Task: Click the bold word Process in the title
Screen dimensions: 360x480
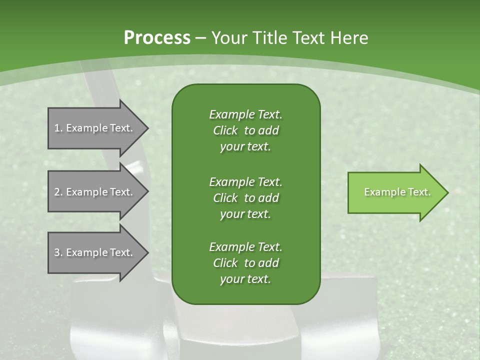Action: (157, 38)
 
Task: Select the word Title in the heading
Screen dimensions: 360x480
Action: (268, 38)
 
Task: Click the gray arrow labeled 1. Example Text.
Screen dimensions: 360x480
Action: (95, 128)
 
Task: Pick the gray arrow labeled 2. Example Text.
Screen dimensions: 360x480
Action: (95, 192)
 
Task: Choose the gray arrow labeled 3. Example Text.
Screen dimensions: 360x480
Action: (95, 252)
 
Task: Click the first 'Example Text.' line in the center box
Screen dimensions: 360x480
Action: (245, 114)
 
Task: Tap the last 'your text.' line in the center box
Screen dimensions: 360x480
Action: (245, 279)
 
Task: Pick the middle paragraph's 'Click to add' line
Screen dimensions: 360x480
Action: (245, 198)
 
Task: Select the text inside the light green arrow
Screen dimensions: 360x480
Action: (397, 192)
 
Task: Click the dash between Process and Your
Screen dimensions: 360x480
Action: (200, 38)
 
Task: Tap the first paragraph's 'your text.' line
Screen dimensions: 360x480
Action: (245, 147)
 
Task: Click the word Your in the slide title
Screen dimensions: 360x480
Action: (228, 38)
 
